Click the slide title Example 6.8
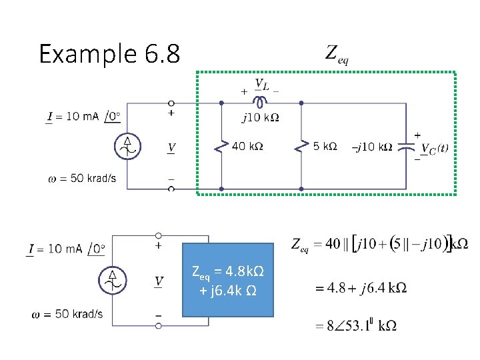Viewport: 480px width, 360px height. tap(109, 53)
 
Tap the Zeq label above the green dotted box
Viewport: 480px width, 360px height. tap(337, 53)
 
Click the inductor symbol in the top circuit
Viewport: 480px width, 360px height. tap(260, 102)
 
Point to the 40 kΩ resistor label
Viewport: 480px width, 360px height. tap(247, 146)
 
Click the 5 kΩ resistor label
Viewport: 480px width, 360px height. tap(325, 146)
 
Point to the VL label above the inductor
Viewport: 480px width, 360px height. tap(261, 86)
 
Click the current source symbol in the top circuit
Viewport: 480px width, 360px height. tap(127, 146)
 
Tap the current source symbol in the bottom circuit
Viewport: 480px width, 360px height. tap(113, 281)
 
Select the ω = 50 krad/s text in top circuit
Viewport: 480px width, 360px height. tap(82, 178)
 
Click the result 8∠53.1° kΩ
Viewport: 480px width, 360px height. tap(356, 325)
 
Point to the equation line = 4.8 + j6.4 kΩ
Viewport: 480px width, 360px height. tap(361, 288)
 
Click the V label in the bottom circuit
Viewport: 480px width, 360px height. tap(159, 281)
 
